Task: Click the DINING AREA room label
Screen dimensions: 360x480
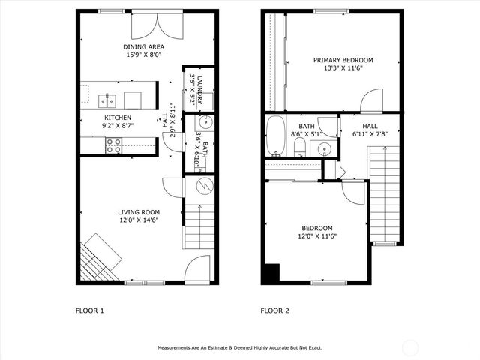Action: pyautogui.click(x=144, y=46)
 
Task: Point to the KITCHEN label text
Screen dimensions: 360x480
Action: pyautogui.click(x=118, y=118)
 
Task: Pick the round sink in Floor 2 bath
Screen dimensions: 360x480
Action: pyautogui.click(x=323, y=148)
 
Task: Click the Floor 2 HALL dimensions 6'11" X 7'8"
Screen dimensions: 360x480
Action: pyautogui.click(x=370, y=135)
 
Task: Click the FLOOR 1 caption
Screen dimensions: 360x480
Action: pyautogui.click(x=90, y=310)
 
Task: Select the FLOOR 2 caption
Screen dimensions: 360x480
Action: pyautogui.click(x=274, y=310)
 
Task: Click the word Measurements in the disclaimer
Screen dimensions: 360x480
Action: pyautogui.click(x=176, y=348)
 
